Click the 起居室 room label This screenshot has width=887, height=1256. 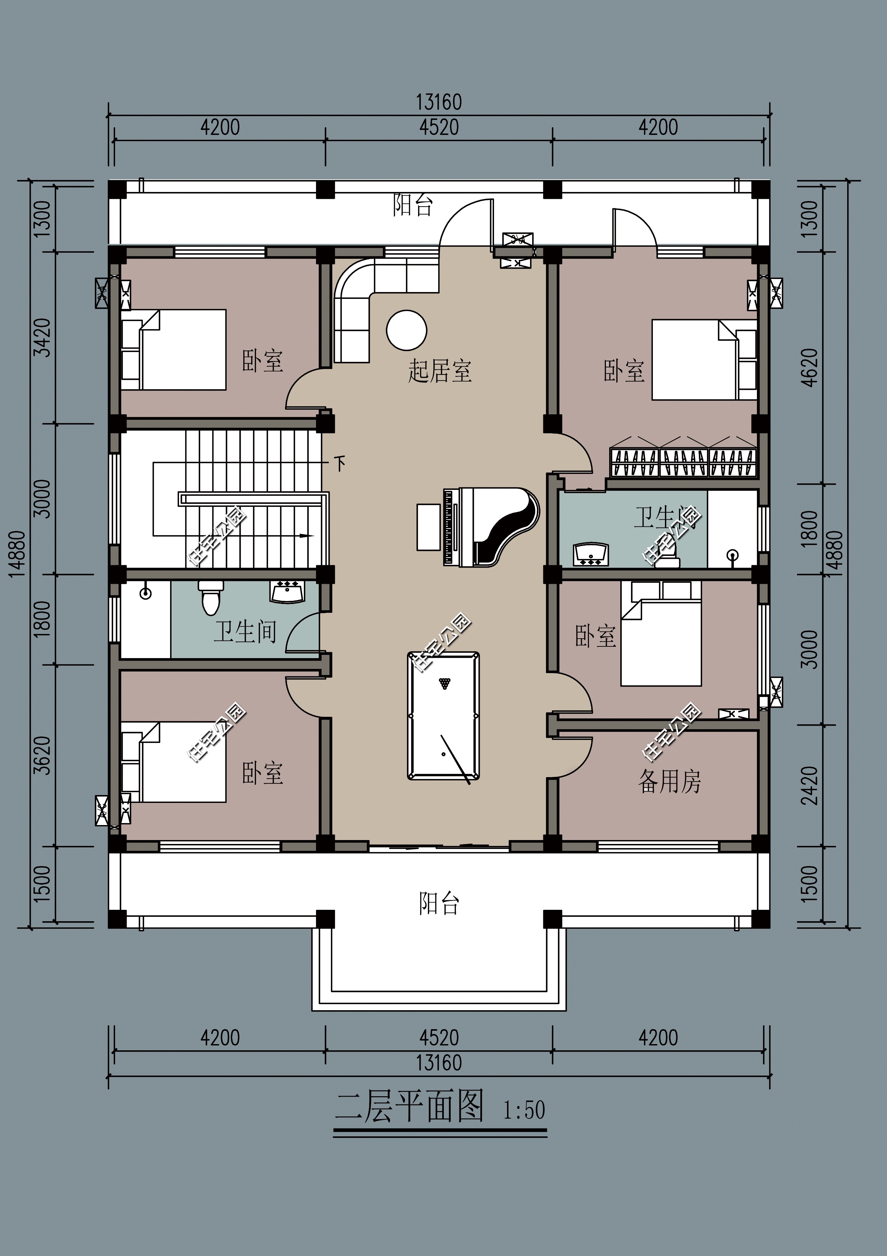click(x=439, y=371)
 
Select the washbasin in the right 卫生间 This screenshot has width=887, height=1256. click(x=591, y=554)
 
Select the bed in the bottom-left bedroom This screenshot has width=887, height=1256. click(x=174, y=762)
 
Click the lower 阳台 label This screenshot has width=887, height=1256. click(x=439, y=904)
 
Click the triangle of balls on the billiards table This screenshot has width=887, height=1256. click(x=445, y=683)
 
